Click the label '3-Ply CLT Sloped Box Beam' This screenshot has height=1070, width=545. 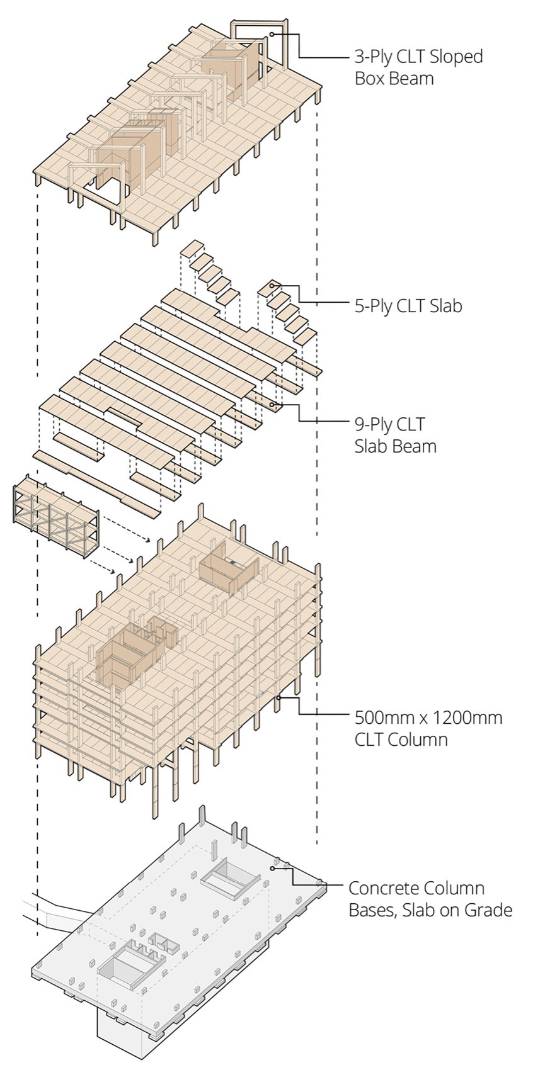419,67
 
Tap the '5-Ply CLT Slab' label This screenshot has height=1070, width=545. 408,306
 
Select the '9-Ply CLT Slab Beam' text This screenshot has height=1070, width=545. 396,435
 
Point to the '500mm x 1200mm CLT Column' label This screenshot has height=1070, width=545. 428,728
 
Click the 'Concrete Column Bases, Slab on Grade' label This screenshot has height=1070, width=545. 430,899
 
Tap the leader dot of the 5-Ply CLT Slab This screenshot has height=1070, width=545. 272,286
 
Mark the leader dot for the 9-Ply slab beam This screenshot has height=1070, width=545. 272,405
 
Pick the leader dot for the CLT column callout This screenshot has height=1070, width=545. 278,697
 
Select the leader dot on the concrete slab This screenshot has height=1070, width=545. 272,868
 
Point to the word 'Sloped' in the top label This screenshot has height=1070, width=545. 457,57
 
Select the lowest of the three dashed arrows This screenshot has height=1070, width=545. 103,564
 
